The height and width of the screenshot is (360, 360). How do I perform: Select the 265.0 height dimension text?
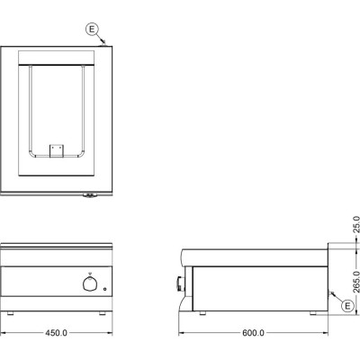coord(356,282)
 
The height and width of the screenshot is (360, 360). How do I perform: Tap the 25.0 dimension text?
coord(356,224)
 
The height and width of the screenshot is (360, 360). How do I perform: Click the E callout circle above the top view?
coord(92,29)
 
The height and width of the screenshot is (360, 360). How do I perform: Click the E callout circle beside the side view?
coord(347,306)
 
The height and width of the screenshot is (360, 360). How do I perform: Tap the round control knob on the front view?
coord(90,283)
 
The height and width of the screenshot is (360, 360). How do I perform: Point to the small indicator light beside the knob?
coord(104,289)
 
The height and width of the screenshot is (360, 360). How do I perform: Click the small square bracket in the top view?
coord(57,151)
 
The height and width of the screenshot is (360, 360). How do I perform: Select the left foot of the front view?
coord(10,313)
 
